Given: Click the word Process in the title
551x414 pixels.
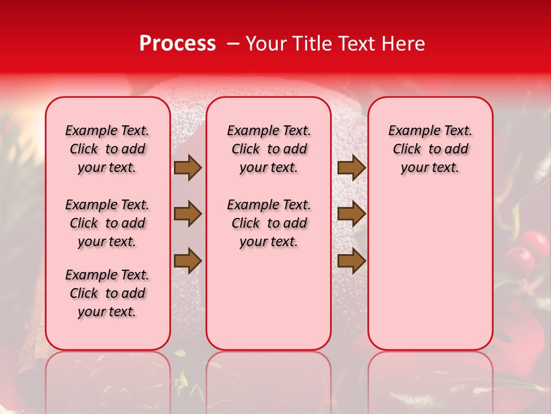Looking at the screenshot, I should pyautogui.click(x=177, y=44).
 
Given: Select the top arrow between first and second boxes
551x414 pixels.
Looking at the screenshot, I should pyautogui.click(x=187, y=167).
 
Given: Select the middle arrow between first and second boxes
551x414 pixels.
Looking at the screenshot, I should pyautogui.click(x=187, y=214).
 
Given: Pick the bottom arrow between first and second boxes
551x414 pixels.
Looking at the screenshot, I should pyautogui.click(x=187, y=260).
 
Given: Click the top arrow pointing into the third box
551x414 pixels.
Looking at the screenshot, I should pyautogui.click(x=351, y=167).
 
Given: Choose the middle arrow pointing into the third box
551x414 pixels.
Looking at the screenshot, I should pyautogui.click(x=351, y=214).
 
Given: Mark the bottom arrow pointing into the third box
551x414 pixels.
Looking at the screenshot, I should pyautogui.click(x=351, y=260).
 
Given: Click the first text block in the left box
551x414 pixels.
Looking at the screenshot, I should pyautogui.click(x=107, y=149).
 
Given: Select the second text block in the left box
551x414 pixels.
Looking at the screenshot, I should pyautogui.click(x=107, y=223).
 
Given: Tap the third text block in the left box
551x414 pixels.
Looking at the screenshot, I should pyautogui.click(x=107, y=293).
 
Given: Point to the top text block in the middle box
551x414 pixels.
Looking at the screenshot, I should pyautogui.click(x=269, y=149).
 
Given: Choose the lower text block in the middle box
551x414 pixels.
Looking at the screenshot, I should pyautogui.click(x=269, y=223).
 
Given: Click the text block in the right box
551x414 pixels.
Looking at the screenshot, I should pyautogui.click(x=430, y=149).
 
